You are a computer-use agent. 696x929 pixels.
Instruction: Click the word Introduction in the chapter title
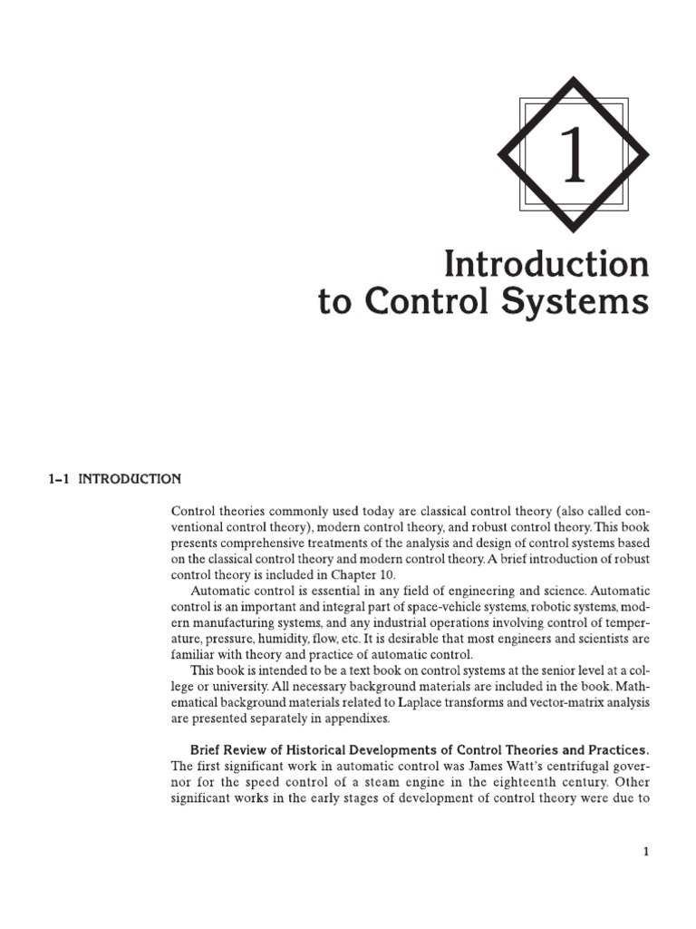pyautogui.click(x=546, y=265)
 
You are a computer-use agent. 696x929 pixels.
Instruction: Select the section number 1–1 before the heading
pyautogui.click(x=58, y=479)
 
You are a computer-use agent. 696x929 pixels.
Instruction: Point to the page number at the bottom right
pyautogui.click(x=646, y=852)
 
